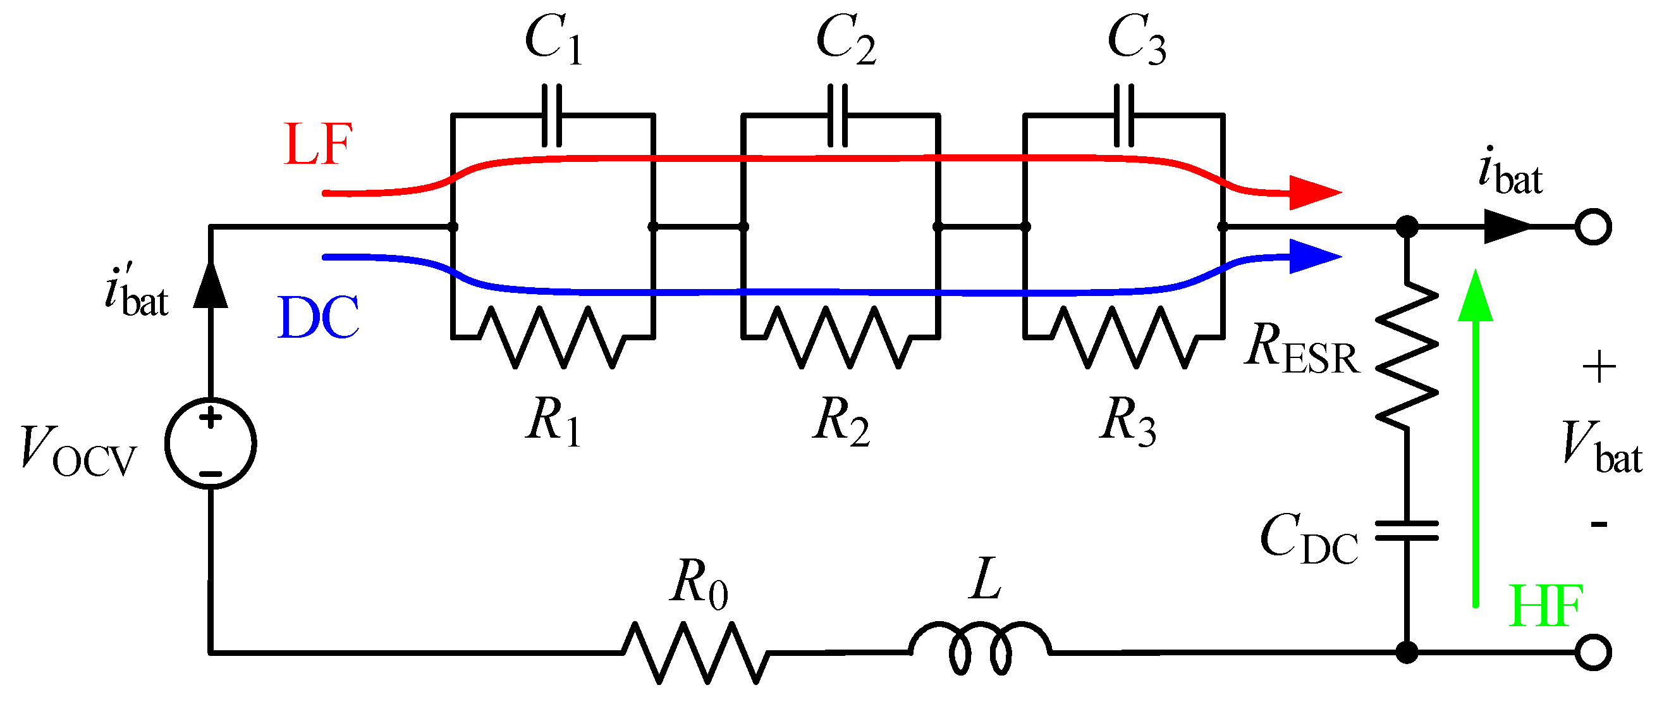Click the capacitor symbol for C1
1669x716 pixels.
[551, 116]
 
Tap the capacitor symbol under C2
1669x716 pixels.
[838, 116]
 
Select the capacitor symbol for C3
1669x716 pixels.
[1124, 116]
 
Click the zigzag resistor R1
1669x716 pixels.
[552, 338]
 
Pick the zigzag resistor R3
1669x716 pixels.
[1124, 338]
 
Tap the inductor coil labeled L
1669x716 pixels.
[980, 648]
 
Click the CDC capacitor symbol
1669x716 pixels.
[1407, 531]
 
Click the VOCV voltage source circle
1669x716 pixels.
[211, 444]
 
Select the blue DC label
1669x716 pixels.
[318, 318]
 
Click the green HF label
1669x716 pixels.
[1546, 607]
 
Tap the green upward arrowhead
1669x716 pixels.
[1476, 297]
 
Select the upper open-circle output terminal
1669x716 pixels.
[1593, 227]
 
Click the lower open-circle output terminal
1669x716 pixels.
[1593, 653]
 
